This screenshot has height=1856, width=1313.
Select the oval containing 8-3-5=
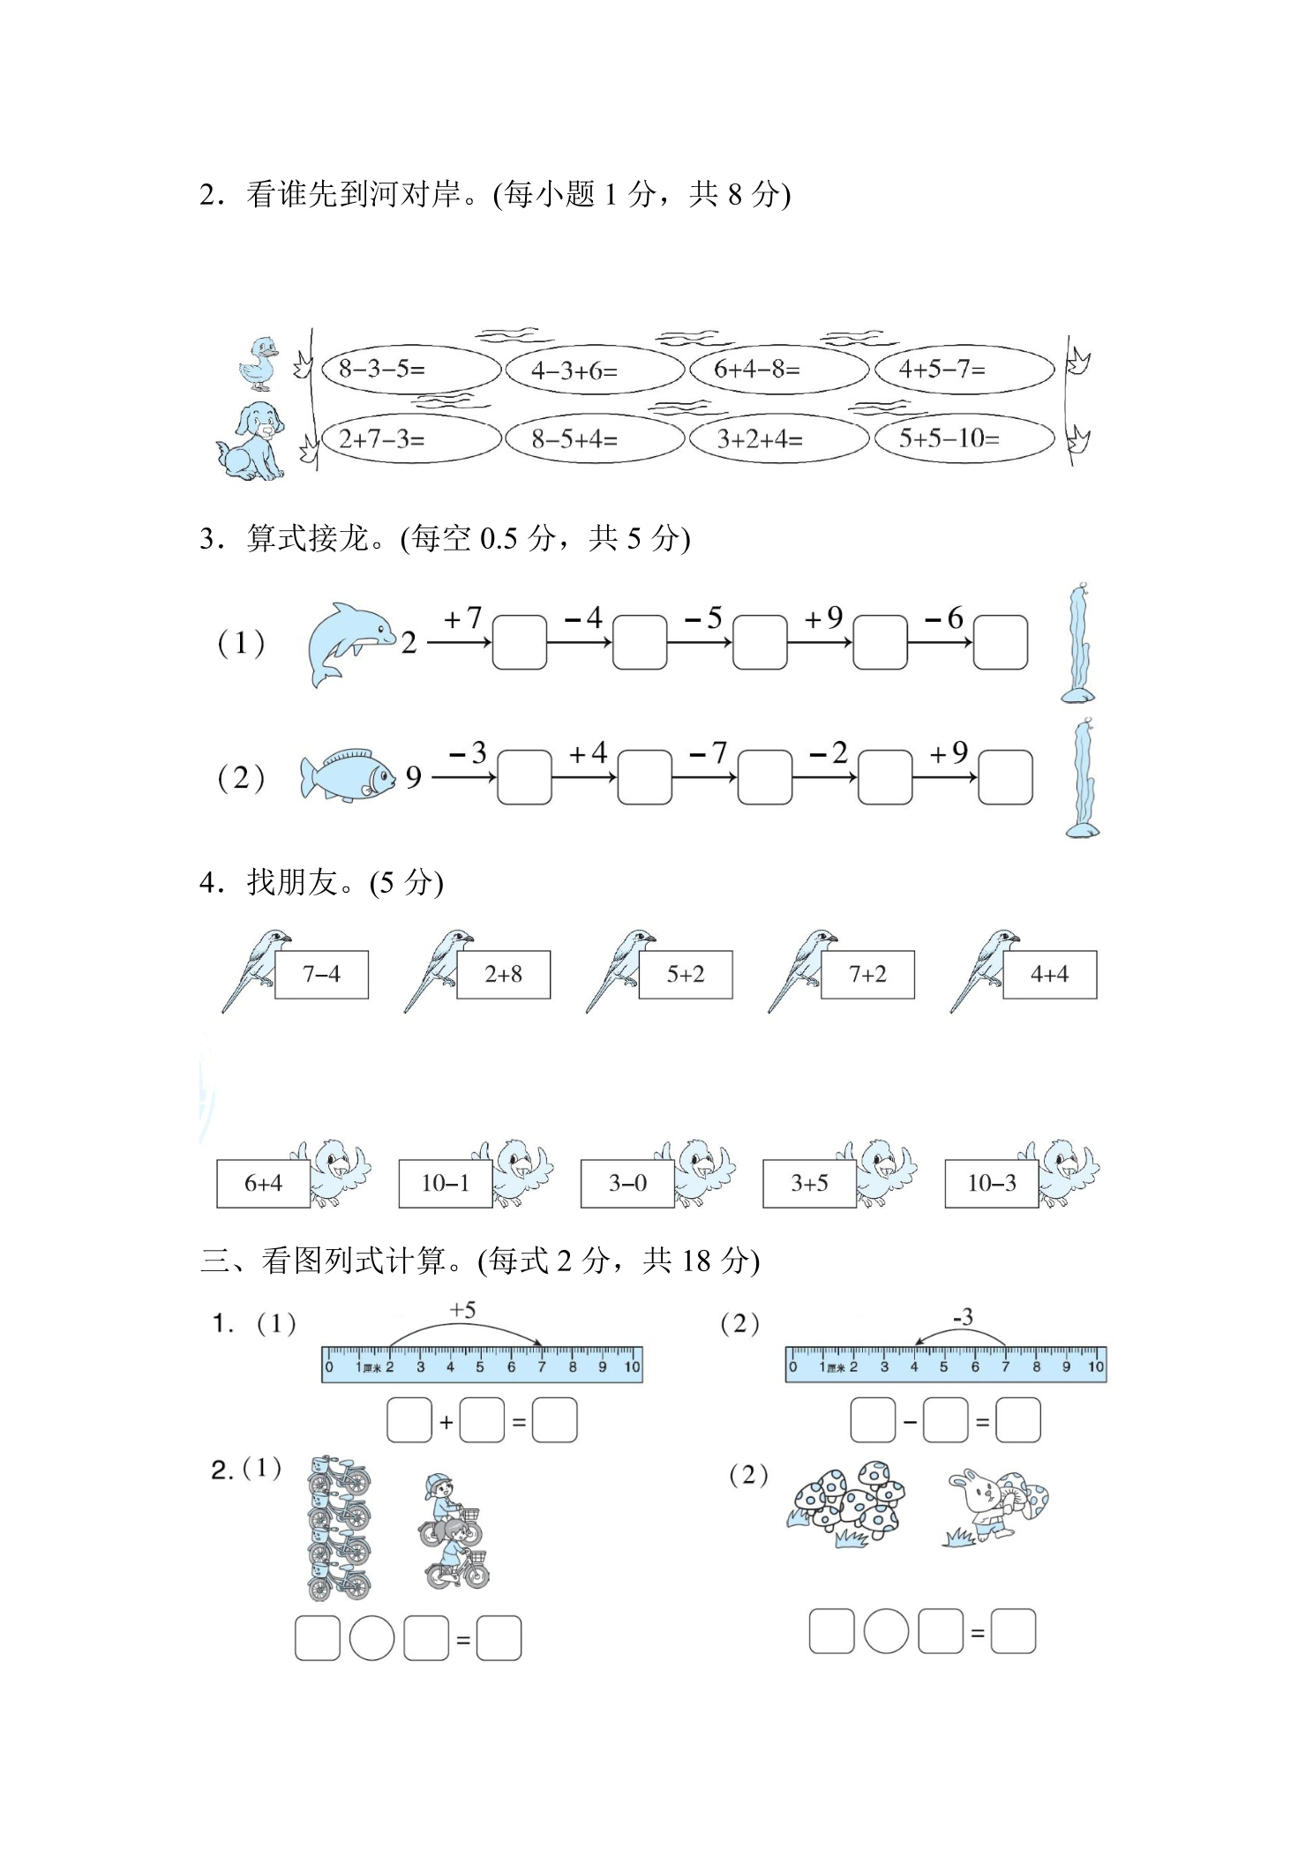click(410, 369)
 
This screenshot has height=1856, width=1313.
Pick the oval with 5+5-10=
click(964, 438)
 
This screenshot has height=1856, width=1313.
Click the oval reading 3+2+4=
click(778, 439)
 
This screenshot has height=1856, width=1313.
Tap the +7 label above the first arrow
click(462, 618)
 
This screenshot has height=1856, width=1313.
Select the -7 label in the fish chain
click(708, 753)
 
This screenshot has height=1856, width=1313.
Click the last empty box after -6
click(1001, 642)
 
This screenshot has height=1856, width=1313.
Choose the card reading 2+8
click(503, 975)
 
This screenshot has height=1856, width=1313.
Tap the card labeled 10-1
click(445, 1183)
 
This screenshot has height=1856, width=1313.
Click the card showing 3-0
click(627, 1183)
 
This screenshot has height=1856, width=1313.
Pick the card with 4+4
click(1049, 975)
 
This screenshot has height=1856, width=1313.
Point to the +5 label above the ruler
click(462, 1310)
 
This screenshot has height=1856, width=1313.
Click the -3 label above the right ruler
click(963, 1317)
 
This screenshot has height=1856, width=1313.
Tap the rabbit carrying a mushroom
click(997, 1507)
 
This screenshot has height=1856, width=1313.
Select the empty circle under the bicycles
click(371, 1638)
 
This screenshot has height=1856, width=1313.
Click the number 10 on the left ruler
click(632, 1367)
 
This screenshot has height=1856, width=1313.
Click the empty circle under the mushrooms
click(886, 1631)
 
